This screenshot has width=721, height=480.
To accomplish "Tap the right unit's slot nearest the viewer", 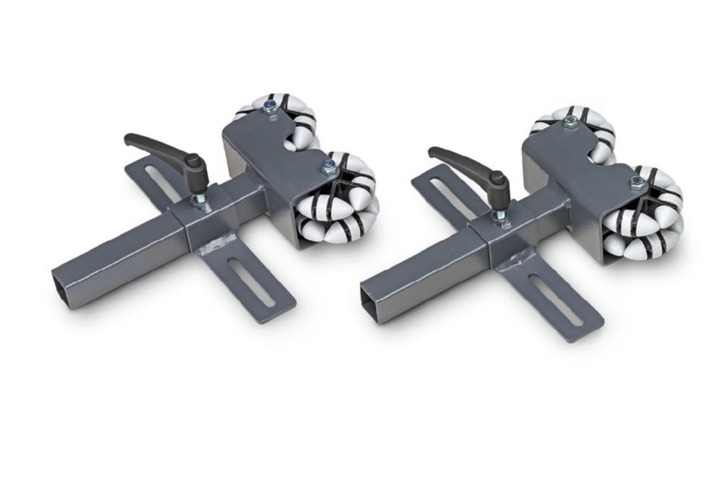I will (556, 299).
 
